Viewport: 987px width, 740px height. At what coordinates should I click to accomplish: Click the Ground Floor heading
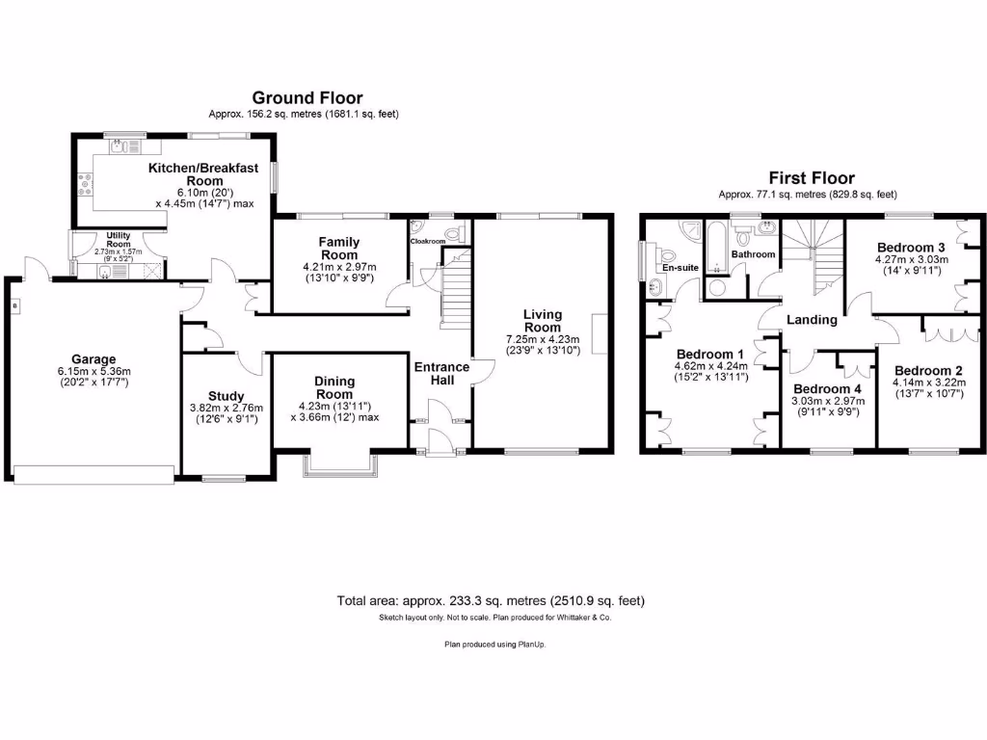[x=307, y=97]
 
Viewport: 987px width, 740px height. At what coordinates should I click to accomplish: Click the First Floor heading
[x=811, y=178]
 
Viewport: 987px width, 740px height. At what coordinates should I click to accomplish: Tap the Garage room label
[x=93, y=358]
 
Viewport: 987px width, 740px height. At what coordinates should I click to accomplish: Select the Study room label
[x=226, y=396]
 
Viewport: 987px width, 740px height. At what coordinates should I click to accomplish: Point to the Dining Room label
[x=335, y=387]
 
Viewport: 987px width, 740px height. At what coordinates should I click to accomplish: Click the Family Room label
[x=339, y=249]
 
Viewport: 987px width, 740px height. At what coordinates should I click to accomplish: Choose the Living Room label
[x=542, y=321]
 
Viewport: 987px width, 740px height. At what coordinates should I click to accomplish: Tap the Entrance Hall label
[x=441, y=373]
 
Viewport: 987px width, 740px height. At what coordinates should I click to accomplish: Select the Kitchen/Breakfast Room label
[x=203, y=174]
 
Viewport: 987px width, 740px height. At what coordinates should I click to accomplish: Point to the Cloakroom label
[x=428, y=241]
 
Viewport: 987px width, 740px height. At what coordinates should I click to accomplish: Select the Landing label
[x=812, y=320]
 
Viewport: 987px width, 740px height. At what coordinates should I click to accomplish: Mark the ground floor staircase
[x=454, y=294]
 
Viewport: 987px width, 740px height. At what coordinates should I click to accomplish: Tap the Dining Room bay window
[x=341, y=464]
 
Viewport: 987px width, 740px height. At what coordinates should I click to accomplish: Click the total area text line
[x=491, y=600]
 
